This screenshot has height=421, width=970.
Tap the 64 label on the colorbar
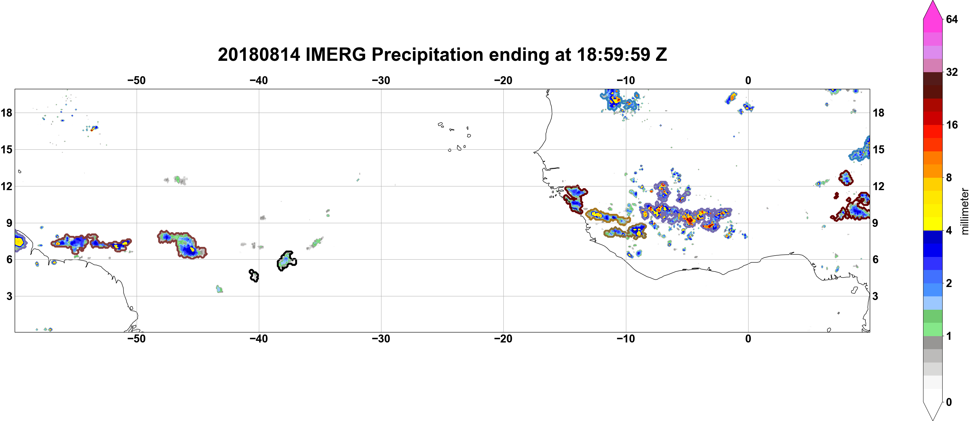point(952,19)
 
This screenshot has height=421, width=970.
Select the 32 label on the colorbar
point(952,72)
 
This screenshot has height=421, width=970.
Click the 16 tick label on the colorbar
point(952,125)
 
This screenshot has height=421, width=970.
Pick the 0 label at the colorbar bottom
point(949,402)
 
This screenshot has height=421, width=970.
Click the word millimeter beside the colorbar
point(964,212)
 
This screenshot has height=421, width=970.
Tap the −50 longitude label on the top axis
point(136,81)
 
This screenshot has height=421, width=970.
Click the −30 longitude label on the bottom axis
point(381,339)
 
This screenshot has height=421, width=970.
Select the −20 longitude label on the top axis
point(503,81)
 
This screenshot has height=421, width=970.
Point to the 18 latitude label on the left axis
point(6,113)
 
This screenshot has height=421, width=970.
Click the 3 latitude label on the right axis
point(875,296)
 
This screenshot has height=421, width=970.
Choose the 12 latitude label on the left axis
point(6,186)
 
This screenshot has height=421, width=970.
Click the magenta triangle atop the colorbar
point(932,10)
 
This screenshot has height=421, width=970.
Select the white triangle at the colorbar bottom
point(933,410)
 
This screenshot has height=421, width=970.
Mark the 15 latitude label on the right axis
point(878,149)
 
